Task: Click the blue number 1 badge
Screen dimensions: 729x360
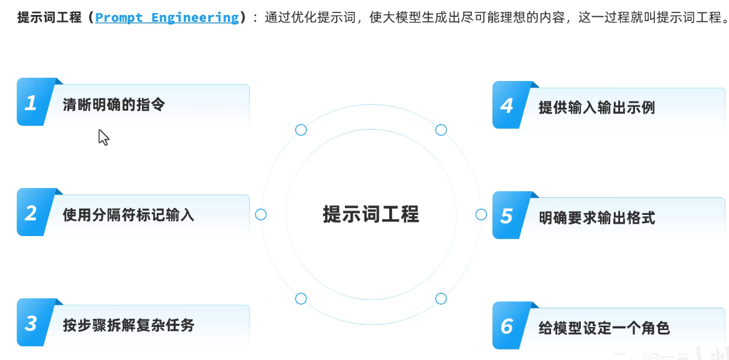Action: [x=31, y=103]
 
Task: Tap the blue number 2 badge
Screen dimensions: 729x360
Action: [x=31, y=213]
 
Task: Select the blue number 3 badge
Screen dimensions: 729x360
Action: [x=31, y=323]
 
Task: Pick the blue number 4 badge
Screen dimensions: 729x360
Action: [x=507, y=106]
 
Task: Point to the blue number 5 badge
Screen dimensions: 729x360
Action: [x=507, y=216]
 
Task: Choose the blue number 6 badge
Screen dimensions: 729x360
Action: [x=507, y=326]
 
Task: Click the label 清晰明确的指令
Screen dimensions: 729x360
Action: [x=114, y=104]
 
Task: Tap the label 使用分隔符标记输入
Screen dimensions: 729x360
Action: [x=128, y=215]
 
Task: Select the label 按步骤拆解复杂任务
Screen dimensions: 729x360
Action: [x=128, y=325]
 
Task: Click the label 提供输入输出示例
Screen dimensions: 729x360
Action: [x=596, y=108]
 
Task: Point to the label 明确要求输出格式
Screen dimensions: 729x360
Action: [x=596, y=218]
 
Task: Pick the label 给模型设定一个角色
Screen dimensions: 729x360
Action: [x=604, y=328]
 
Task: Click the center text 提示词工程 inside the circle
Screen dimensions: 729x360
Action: [x=371, y=214]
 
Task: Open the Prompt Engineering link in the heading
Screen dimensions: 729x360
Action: [x=167, y=17]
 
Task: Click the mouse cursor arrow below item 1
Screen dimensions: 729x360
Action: [x=103, y=137]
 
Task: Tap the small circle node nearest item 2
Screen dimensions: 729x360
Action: [x=261, y=214]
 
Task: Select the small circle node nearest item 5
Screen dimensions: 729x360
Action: [x=481, y=214]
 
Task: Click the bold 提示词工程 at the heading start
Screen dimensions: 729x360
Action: [x=49, y=17]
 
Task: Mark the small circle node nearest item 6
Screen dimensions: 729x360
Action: [x=441, y=298]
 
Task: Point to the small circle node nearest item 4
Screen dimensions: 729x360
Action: [x=441, y=130]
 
